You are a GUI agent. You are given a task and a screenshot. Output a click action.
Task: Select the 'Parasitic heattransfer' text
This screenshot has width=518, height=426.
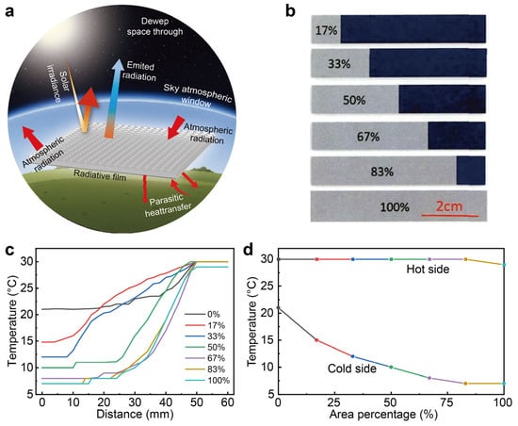coord(167,205)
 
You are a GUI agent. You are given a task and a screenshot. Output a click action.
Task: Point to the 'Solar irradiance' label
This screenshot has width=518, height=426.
coord(57,82)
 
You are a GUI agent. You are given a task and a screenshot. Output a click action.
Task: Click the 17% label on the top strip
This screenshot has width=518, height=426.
coord(326,30)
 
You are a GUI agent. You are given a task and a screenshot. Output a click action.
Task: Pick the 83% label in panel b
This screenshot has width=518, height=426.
coord(381,172)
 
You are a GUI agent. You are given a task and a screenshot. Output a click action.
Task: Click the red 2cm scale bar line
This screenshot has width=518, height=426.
coord(449,216)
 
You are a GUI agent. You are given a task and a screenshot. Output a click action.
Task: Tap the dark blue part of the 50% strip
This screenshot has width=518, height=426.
coord(442,99)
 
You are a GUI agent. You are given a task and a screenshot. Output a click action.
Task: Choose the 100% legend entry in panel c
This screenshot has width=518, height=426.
coord(207,380)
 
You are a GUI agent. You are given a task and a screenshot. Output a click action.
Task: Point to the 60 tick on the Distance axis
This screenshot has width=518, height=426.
coord(228,402)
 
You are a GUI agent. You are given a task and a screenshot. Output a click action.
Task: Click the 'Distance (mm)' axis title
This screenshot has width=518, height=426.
coord(135,414)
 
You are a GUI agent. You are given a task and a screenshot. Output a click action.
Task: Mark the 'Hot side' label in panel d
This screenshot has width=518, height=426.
coord(428,269)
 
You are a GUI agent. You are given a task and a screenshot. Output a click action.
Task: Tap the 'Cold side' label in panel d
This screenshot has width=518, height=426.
coord(352,369)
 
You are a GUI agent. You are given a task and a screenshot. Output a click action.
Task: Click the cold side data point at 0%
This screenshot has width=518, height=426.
coord(278,307)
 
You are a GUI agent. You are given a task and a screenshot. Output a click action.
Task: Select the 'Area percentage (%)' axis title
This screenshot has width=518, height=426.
coord(383,415)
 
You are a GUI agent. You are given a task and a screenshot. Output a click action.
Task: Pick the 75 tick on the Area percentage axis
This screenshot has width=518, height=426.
coord(447,402)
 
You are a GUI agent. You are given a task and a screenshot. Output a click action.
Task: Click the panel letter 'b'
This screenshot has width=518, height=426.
coord(290,11)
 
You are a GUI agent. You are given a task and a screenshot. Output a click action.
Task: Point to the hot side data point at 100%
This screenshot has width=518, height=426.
coord(504,265)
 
